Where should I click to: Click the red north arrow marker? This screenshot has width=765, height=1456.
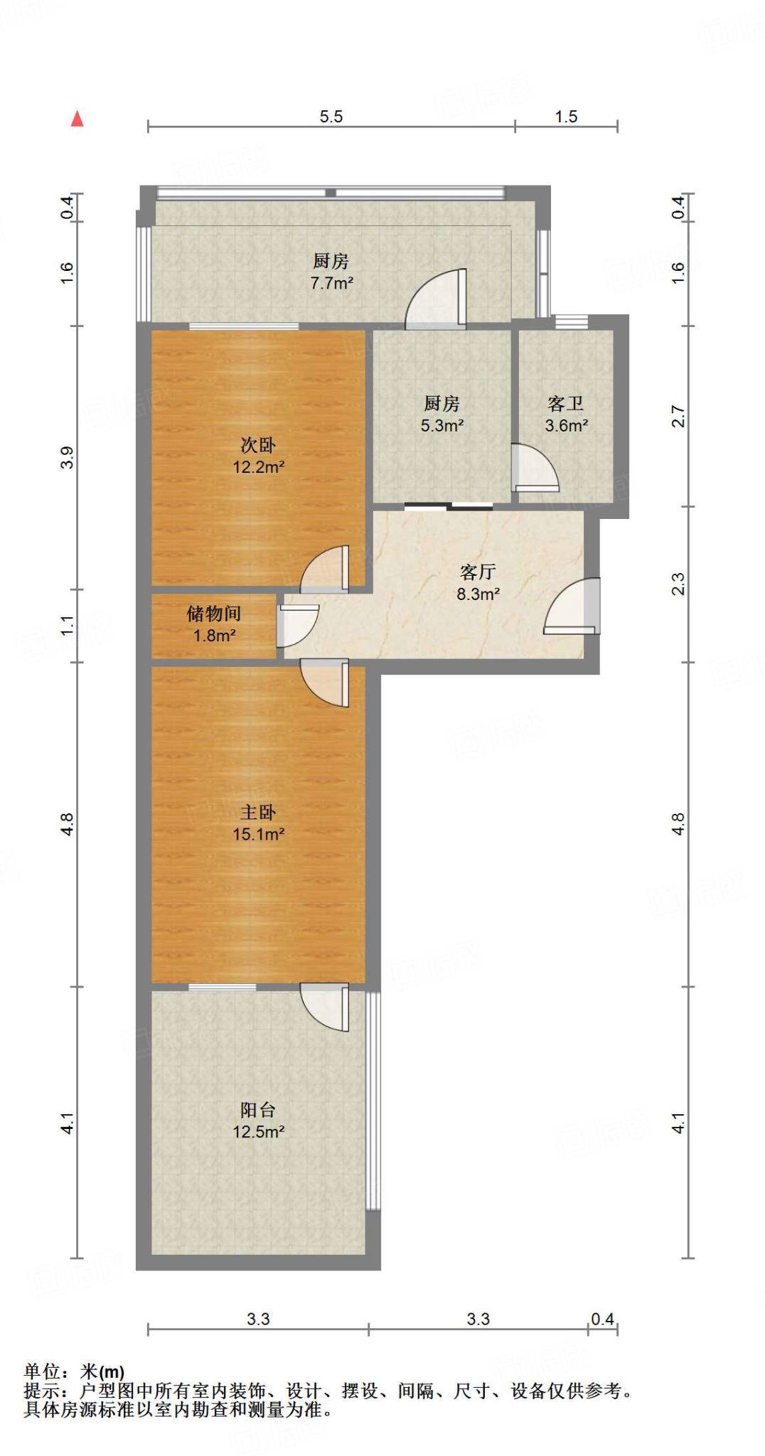point(77,119)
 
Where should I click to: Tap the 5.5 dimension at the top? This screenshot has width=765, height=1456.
point(331,117)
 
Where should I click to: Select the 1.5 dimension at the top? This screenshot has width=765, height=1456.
point(566,117)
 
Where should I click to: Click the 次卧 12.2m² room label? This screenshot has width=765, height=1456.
point(259,456)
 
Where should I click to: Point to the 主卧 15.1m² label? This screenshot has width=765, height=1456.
point(259,823)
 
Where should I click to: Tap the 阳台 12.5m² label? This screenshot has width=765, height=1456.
point(259,1120)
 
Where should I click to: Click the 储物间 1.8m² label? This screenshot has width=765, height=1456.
point(214,624)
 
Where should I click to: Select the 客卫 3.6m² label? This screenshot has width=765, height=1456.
point(566,414)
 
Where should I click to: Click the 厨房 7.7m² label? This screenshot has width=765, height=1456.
point(331,272)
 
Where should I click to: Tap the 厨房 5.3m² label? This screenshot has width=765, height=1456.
point(442,414)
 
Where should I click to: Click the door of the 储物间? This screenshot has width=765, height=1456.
point(297,626)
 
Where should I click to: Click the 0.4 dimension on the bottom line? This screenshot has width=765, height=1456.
point(602,1319)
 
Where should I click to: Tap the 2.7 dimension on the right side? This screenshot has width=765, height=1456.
point(678,417)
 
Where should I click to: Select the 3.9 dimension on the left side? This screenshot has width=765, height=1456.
point(67,457)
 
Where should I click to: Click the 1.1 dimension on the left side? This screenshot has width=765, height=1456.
point(67,626)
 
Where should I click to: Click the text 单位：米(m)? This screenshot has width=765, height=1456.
point(74,1371)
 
